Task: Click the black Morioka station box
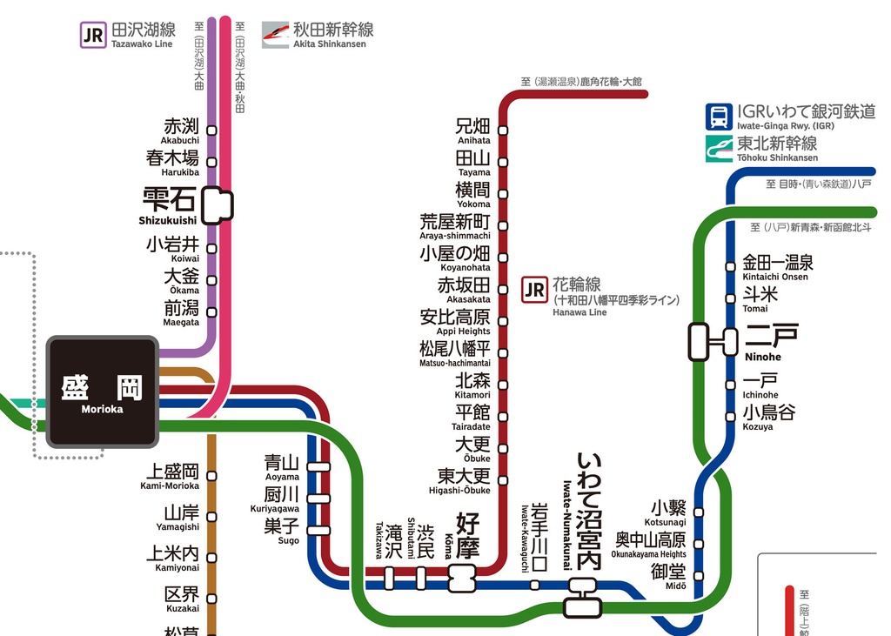click(x=103, y=392)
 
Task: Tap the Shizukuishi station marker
click(x=218, y=204)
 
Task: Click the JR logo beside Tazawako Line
click(x=93, y=35)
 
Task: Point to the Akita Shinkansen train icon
click(x=276, y=35)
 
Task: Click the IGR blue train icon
click(x=719, y=117)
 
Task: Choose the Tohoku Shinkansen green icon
click(x=719, y=148)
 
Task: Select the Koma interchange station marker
click(x=462, y=577)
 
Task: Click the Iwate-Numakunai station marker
click(x=581, y=598)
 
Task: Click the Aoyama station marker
click(x=319, y=466)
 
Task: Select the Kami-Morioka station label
click(x=172, y=476)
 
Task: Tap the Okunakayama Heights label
click(x=649, y=544)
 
